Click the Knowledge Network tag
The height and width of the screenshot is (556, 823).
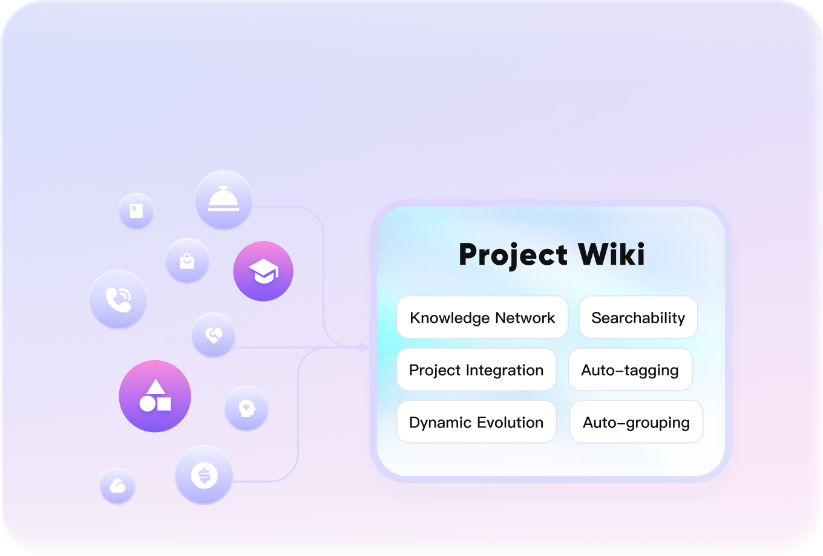tap(482, 317)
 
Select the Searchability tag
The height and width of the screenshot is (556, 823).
tap(638, 317)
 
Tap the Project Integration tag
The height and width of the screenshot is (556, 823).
tap(476, 370)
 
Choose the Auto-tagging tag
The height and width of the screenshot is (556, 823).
tap(630, 370)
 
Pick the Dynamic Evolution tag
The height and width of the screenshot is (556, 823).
tap(476, 422)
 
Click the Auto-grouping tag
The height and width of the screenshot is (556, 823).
tap(636, 422)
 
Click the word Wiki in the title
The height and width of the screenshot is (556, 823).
tap(612, 254)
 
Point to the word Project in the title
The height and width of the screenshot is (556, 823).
tap(513, 254)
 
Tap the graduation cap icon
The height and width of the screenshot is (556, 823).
tap(263, 271)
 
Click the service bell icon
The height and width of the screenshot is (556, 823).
tap(223, 200)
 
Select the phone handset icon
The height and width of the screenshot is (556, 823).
tap(118, 300)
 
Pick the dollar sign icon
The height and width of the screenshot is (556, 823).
tap(204, 476)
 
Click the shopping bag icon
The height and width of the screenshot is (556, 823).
tap(188, 261)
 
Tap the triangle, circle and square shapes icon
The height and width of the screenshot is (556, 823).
tap(155, 396)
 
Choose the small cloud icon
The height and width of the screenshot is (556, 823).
tap(117, 486)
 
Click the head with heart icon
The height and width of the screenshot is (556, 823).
tap(246, 409)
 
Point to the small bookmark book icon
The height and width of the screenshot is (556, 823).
tap(136, 211)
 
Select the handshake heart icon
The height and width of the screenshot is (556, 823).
tap(213, 335)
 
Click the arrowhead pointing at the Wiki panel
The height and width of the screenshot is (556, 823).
tap(364, 347)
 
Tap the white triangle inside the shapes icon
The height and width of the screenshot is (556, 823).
tap(156, 387)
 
